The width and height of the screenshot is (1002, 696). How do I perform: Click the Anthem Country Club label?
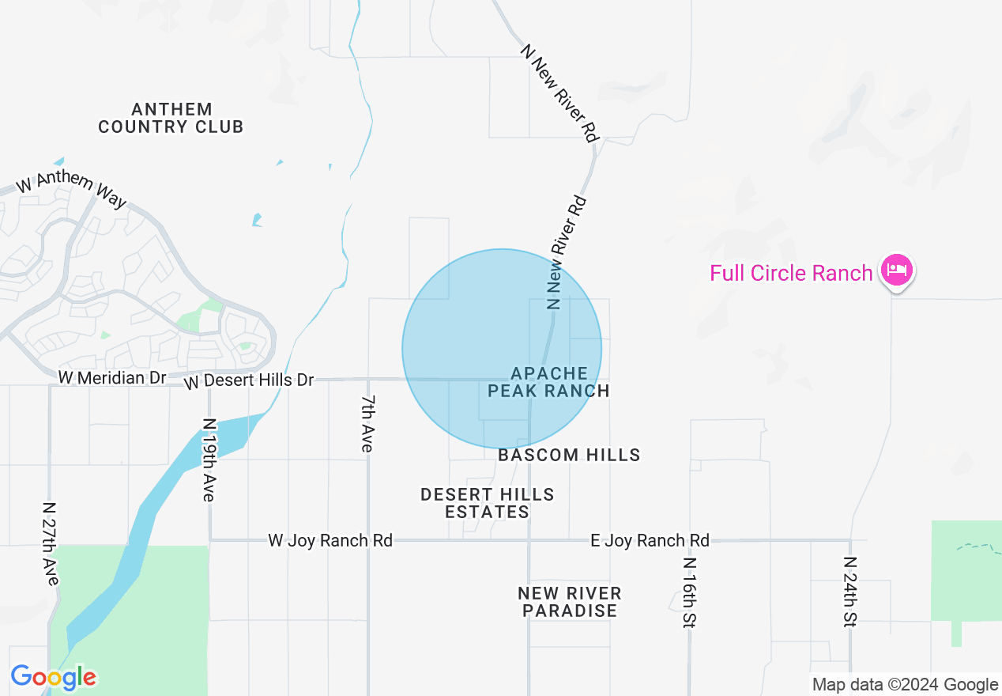click(171, 118)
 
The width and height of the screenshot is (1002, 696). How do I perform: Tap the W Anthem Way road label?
click(71, 191)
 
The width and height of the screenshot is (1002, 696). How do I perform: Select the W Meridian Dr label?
click(112, 378)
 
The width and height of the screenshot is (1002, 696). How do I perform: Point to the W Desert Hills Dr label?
click(249, 381)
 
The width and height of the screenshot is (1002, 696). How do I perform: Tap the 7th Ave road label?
click(367, 424)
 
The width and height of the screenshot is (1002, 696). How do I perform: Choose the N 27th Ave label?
click(51, 543)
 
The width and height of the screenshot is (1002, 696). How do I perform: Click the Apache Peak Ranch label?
click(548, 381)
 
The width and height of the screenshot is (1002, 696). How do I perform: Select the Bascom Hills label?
click(569, 455)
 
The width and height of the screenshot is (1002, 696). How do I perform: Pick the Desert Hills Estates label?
click(487, 503)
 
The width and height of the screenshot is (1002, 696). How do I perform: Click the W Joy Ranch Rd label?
click(330, 540)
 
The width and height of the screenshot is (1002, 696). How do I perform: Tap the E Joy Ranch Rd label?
click(650, 540)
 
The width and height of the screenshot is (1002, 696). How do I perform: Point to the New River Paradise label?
click(570, 602)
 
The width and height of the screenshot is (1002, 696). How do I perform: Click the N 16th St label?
click(690, 592)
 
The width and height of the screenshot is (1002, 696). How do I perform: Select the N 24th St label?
click(850, 592)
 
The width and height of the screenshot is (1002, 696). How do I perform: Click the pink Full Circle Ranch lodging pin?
click(897, 270)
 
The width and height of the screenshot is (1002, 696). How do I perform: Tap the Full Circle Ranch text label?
click(791, 274)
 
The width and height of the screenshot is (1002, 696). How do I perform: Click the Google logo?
click(53, 678)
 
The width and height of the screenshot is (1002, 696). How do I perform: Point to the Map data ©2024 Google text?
click(905, 685)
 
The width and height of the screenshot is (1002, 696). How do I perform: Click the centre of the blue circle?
click(502, 349)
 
